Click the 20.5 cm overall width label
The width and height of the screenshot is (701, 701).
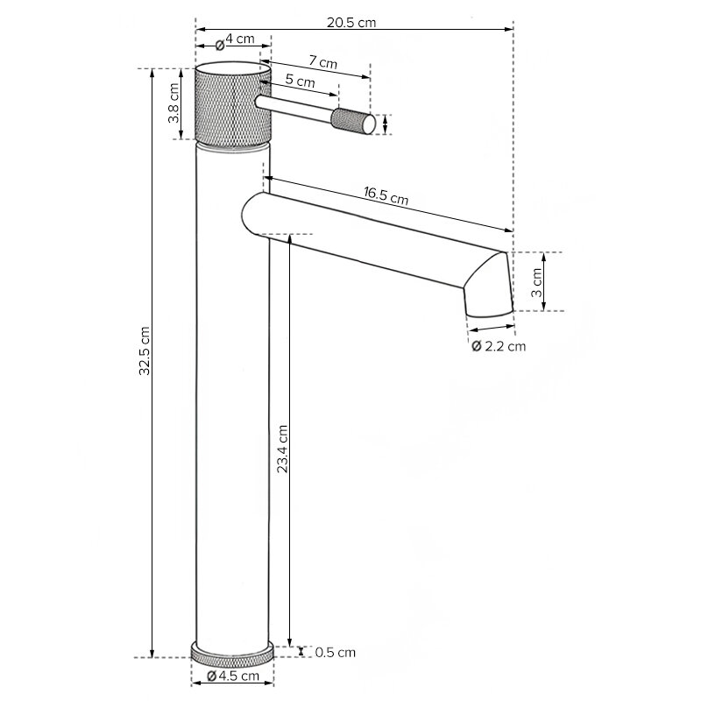coord(351,23)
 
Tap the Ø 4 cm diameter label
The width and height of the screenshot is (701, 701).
coord(235,40)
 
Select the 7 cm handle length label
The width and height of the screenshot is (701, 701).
coord(322,61)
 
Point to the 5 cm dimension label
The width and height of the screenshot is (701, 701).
coord(300,81)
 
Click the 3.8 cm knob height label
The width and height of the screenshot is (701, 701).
coord(173,103)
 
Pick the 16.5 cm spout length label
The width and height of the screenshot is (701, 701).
coord(386,195)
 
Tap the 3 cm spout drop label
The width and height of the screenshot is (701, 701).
coord(536,282)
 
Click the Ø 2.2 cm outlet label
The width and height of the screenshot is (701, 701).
coord(499,346)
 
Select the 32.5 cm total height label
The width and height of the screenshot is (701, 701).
coord(144,351)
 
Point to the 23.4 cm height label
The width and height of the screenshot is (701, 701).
coord(282,449)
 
